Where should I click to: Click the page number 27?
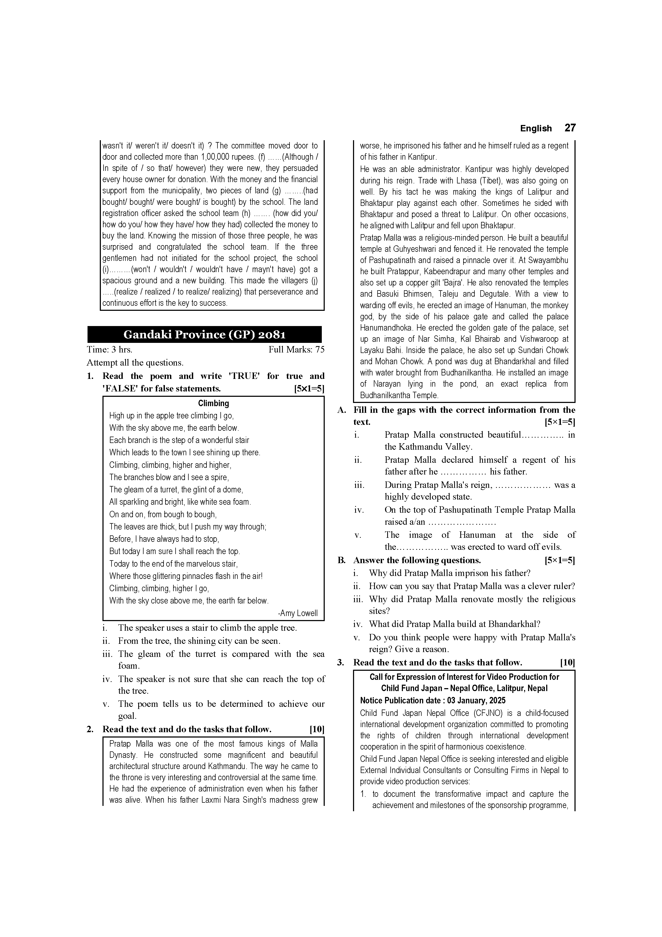point(570,128)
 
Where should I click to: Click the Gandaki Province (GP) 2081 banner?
point(204,335)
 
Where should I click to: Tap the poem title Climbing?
point(213,403)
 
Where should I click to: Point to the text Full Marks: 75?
point(296,350)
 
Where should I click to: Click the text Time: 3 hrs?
point(109,350)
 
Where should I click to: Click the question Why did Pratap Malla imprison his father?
point(450,573)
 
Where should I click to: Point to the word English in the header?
point(536,128)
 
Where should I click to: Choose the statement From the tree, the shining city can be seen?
point(199,641)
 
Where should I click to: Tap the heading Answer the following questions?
point(417,560)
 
